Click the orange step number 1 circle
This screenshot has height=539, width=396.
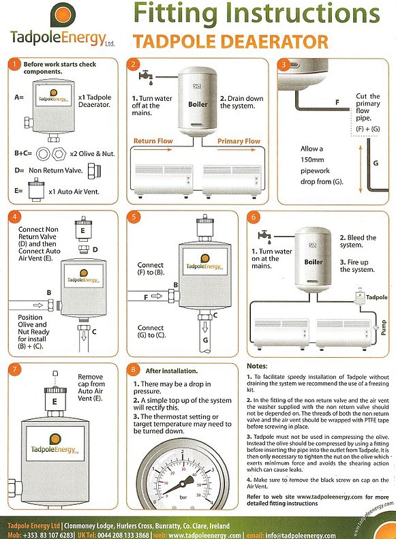click(x=15, y=64)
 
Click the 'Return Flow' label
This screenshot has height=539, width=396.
click(x=153, y=141)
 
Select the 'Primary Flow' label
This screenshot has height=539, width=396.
click(x=239, y=141)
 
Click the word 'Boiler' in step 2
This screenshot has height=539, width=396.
click(x=198, y=104)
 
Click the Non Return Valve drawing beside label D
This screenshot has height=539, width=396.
click(x=93, y=171)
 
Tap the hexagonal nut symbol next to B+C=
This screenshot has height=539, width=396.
click(x=59, y=153)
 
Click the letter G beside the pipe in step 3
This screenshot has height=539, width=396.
click(x=376, y=163)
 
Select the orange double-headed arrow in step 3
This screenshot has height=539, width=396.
click(x=361, y=169)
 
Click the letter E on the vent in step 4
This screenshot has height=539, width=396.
click(x=82, y=230)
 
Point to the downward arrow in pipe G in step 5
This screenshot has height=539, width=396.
click(x=205, y=326)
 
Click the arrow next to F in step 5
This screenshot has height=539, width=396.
click(x=157, y=296)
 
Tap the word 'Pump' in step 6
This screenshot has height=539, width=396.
click(x=384, y=328)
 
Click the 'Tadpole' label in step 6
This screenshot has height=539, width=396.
click(x=377, y=297)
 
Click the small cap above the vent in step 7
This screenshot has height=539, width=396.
click(x=55, y=373)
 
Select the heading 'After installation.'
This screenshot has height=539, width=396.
click(x=172, y=371)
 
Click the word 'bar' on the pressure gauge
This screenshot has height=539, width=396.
click(x=183, y=497)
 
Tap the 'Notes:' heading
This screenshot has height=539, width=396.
click(x=257, y=366)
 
